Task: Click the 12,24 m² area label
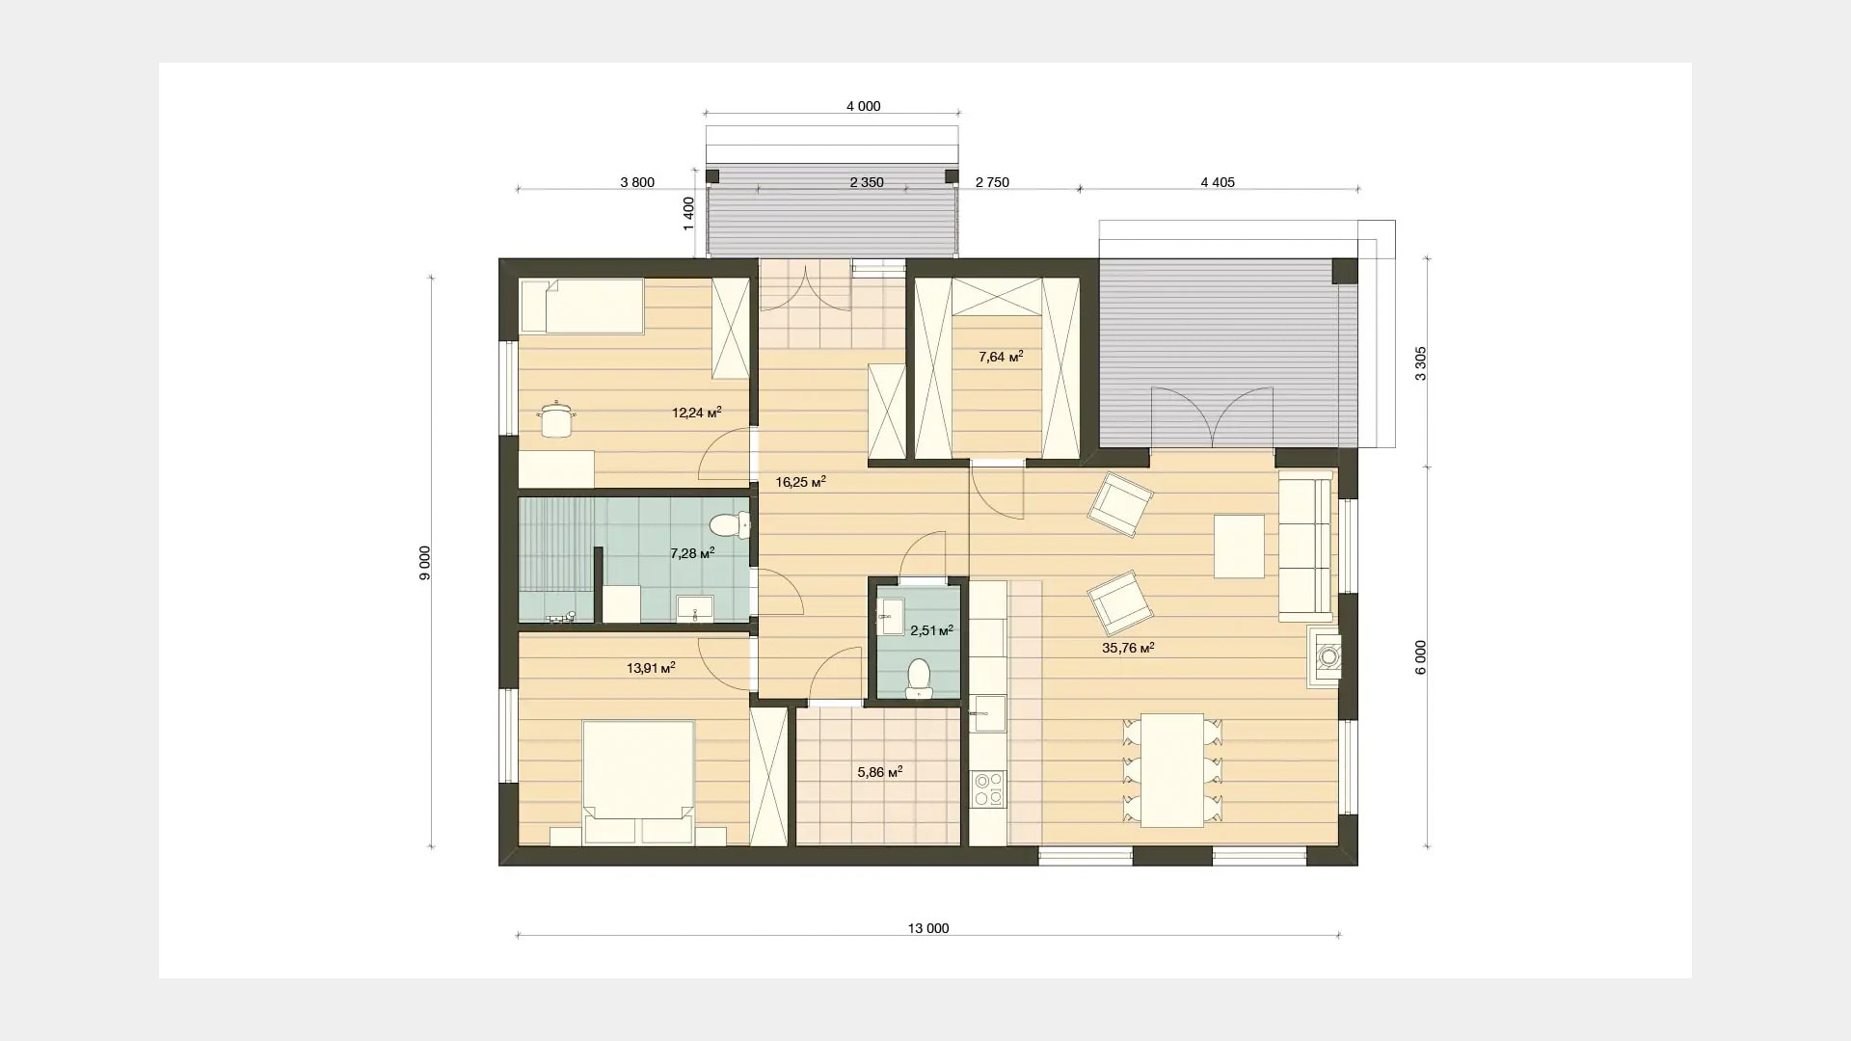pos(696,413)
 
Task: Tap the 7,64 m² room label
pos(1001,357)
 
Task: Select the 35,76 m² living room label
pos(1128,649)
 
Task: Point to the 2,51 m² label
pos(931,631)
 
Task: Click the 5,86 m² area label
pos(879,772)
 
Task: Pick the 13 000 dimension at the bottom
pos(927,928)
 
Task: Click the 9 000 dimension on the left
pos(425,563)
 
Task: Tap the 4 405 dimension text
pos(1218,182)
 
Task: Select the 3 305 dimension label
pos(1420,363)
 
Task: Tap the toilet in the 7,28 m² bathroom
pos(730,526)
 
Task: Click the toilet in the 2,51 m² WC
pos(919,678)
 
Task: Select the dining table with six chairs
pos(1172,770)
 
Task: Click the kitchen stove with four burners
pos(986,787)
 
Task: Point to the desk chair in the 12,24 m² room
pos(556,419)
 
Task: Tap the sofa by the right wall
pos(1305,545)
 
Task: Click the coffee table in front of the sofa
pos(1239,547)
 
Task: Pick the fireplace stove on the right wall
pos(1324,656)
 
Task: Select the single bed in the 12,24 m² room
pos(581,307)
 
